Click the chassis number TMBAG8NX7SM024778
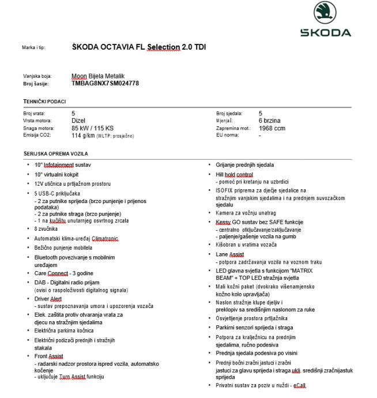tap(105, 83)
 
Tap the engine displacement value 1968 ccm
tap(272, 128)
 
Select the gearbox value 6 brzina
tap(270, 121)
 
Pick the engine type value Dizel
tap(78, 121)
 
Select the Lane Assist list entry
tap(229, 254)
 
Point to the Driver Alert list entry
tap(49, 299)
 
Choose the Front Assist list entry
tap(49, 356)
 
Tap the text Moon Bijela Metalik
tap(98, 76)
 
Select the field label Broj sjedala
tap(229, 114)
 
